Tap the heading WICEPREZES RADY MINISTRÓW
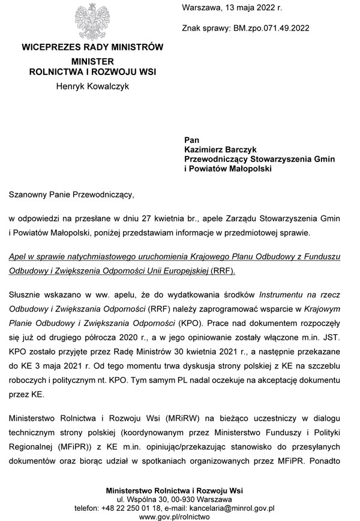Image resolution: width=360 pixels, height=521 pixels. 92,47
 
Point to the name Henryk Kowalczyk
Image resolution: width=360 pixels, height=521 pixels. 92,86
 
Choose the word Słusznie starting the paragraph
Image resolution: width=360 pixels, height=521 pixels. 27,295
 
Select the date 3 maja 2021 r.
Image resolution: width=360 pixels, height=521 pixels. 67,364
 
